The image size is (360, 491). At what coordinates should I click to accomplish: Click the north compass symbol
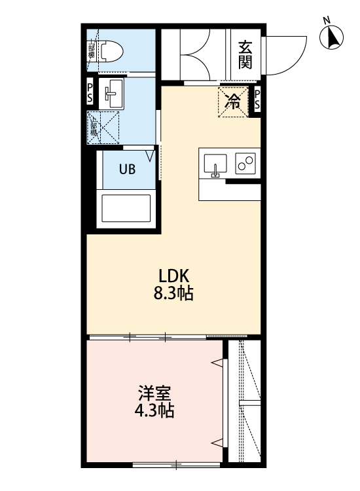333,37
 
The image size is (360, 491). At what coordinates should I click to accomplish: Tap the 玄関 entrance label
245,54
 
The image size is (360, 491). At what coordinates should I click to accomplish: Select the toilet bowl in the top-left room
113,51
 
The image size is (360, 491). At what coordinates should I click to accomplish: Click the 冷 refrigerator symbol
233,101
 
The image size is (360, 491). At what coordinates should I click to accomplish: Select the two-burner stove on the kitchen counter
245,164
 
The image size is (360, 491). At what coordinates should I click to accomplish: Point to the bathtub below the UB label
126,209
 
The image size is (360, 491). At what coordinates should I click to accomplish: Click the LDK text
173,275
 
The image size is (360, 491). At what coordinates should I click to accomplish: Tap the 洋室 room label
154,394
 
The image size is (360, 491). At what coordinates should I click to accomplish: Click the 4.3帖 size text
154,412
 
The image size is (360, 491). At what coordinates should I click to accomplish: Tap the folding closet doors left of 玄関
194,56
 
